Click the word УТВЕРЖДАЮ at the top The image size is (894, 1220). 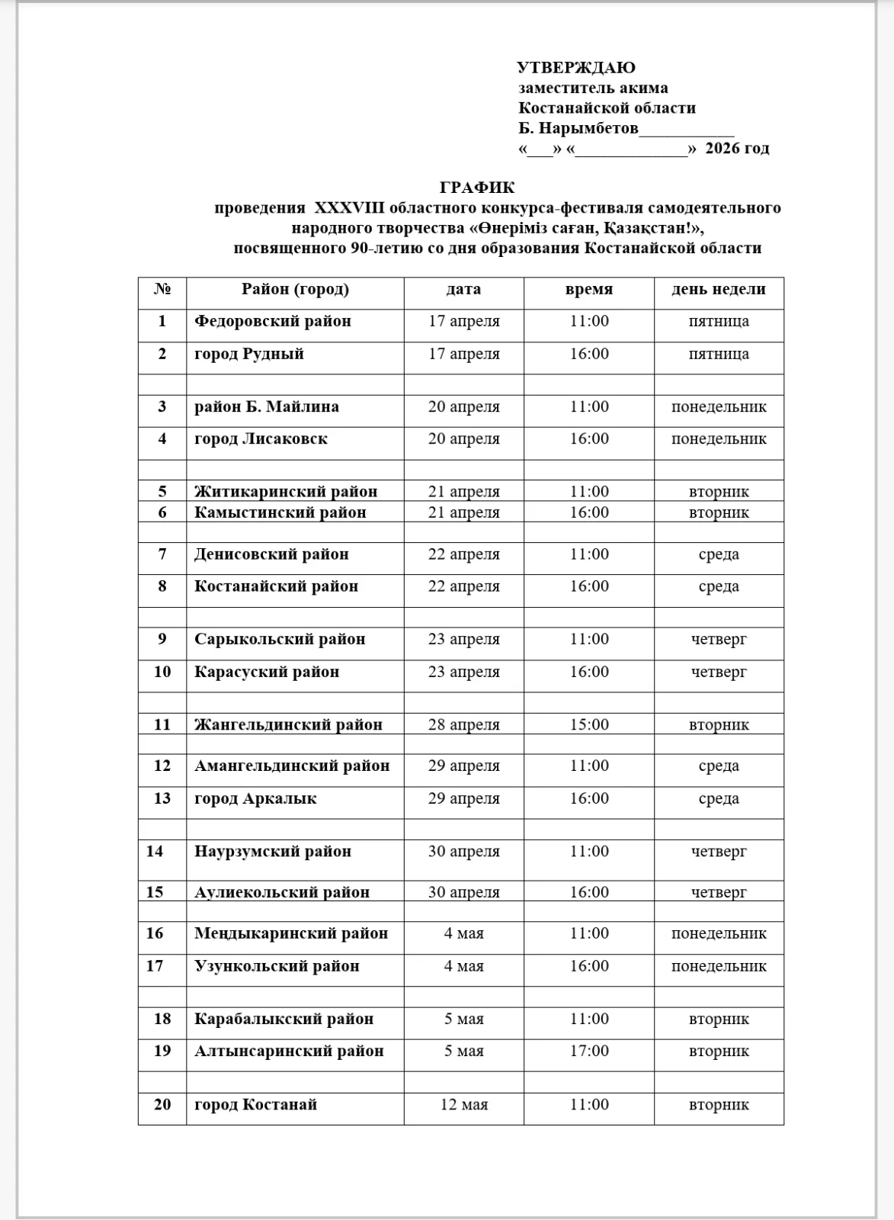point(575,68)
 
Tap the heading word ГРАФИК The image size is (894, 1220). point(477,188)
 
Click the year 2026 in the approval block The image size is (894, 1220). point(723,149)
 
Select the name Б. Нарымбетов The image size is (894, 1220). point(578,128)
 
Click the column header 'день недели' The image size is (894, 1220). point(718,290)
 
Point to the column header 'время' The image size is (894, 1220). point(588,290)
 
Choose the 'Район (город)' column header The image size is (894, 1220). point(295,290)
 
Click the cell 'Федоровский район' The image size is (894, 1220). point(273,322)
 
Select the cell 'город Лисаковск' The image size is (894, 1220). point(261,439)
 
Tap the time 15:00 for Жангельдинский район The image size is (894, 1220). point(589,724)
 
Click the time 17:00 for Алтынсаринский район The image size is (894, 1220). point(589,1051)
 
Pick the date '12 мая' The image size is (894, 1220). point(463,1105)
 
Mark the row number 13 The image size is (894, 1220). point(162,799)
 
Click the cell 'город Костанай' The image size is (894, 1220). point(255,1105)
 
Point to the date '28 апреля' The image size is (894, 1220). point(463,724)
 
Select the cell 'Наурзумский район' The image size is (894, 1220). point(273,852)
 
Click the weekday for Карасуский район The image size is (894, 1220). point(718,673)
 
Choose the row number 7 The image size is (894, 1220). point(162,554)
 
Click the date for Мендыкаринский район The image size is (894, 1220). point(463,934)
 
